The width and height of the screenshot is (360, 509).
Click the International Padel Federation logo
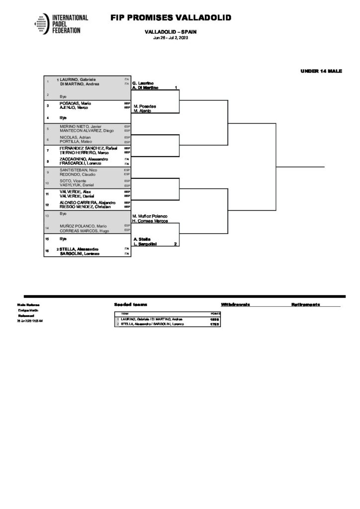(61, 23)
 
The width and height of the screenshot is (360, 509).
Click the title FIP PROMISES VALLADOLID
(171, 18)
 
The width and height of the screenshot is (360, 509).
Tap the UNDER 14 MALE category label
(321, 71)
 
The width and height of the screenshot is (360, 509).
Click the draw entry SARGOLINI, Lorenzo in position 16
(80, 254)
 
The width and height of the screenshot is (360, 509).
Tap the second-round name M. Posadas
(144, 106)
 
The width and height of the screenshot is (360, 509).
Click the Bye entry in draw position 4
(63, 117)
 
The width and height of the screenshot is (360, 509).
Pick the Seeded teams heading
(130, 304)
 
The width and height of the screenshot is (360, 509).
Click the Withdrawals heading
(235, 304)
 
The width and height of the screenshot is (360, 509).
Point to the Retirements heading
(305, 304)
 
